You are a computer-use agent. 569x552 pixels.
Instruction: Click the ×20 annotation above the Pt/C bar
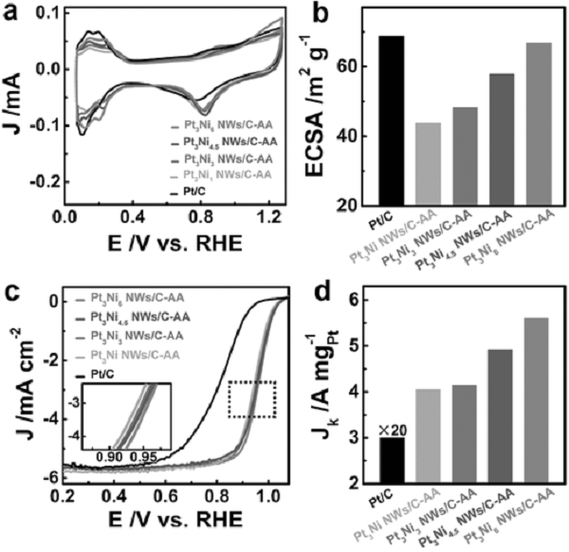point(365,429)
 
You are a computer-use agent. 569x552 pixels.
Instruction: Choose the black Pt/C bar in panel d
point(365,461)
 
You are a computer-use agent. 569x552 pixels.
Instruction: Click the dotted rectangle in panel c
point(251,398)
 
